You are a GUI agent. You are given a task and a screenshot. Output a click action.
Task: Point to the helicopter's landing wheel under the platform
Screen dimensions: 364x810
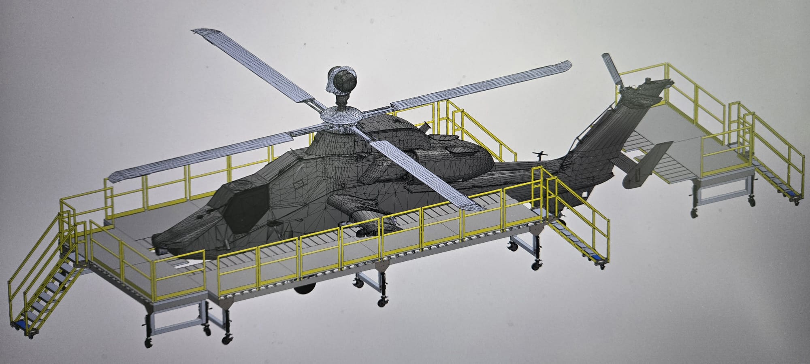305,288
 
